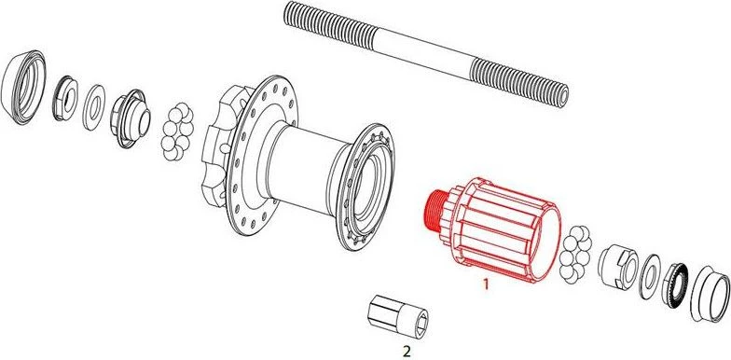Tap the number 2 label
click(x=407, y=350)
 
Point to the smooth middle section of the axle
click(x=424, y=51)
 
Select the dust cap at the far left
click(x=24, y=87)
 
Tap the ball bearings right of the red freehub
click(x=577, y=254)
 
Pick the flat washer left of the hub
click(x=93, y=107)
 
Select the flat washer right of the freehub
click(x=649, y=276)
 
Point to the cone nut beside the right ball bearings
click(x=616, y=267)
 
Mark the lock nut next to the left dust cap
click(x=65, y=99)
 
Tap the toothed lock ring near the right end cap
click(x=675, y=285)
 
